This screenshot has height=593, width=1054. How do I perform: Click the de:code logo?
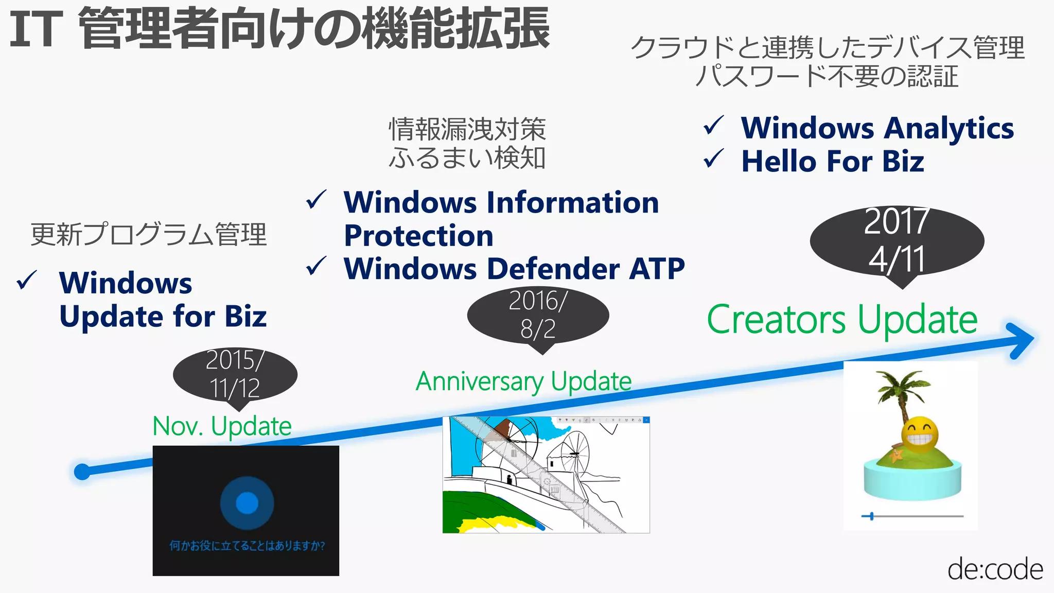coord(995,569)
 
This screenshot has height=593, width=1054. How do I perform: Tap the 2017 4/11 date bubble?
coord(897,241)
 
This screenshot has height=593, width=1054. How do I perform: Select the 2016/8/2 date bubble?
coord(538,315)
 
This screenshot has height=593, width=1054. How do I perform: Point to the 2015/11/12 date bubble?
coord(235,374)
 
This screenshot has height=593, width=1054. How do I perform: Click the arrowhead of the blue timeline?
coord(1022,340)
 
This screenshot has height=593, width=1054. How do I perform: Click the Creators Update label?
coord(842,320)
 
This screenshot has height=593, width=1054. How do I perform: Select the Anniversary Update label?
coord(523,381)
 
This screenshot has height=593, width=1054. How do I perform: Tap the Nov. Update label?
coord(222,426)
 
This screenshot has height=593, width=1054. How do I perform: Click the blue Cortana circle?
coord(247,503)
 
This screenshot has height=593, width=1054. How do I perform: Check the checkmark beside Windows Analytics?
coord(714,126)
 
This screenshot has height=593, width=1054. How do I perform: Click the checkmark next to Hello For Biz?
coord(714,159)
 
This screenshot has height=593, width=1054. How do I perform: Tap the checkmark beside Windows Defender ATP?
coord(316,266)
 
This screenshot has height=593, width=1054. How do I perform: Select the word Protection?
coord(418,236)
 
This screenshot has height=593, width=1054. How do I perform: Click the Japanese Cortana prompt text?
coord(247,546)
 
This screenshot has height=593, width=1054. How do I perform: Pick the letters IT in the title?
coord(36,29)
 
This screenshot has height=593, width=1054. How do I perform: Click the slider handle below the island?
coord(871,516)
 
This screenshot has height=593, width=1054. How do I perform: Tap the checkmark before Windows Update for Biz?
coord(27,281)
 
